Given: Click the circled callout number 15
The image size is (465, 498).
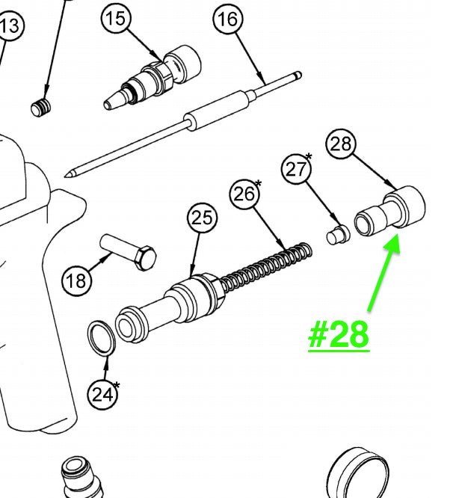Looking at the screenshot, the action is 116,18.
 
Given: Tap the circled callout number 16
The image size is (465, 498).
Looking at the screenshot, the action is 228,18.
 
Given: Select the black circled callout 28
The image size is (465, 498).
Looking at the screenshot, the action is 340,144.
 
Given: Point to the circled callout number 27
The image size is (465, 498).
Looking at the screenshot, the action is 296,169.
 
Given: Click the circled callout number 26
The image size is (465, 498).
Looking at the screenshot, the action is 244,194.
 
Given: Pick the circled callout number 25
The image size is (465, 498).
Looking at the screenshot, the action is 203,218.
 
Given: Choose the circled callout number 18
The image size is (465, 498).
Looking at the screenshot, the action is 76,280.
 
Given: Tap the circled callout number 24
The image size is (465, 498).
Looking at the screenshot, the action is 102,395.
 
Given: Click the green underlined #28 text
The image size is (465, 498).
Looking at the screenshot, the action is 339,336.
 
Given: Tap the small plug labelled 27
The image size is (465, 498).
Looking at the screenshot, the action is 338,235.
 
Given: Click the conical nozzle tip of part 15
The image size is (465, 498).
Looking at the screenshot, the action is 111,101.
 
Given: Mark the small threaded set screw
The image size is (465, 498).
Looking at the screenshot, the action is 40,108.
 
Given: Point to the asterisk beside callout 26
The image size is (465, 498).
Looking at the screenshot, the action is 258,183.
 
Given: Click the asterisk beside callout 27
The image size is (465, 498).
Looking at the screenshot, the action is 309,156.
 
